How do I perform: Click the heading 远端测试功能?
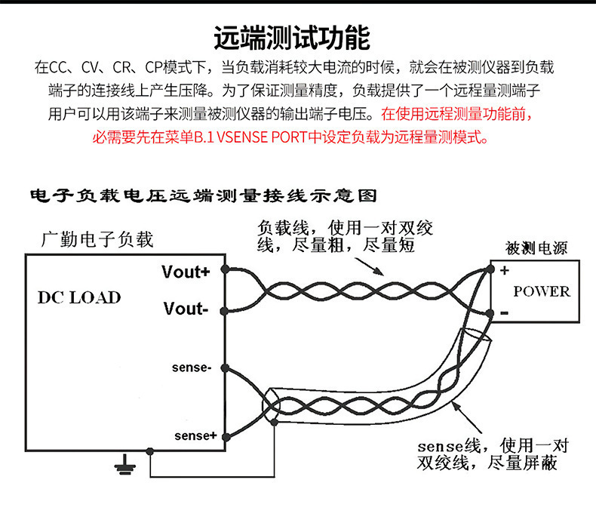coord(292,38)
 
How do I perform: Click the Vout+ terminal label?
coord(186,272)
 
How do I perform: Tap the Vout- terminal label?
coord(185,308)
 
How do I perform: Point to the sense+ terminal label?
coord(195,435)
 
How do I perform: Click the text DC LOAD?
coord(79,297)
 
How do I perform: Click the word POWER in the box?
coord(541,291)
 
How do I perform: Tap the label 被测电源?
coord(536,248)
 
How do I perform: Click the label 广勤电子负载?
coord(97,240)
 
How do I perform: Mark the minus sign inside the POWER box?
coord(503,311)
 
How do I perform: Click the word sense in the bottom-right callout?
coord(441,445)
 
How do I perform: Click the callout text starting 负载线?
coord(346,236)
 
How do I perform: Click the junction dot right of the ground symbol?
coord(150,451)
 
